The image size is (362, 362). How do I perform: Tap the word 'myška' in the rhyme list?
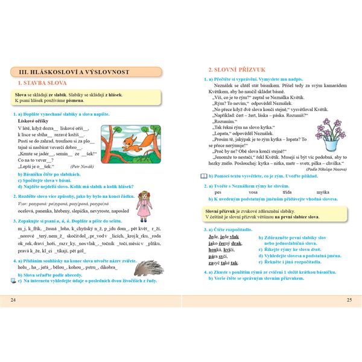pos(314,192)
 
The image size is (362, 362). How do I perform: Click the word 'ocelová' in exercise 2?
pos(27,211)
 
